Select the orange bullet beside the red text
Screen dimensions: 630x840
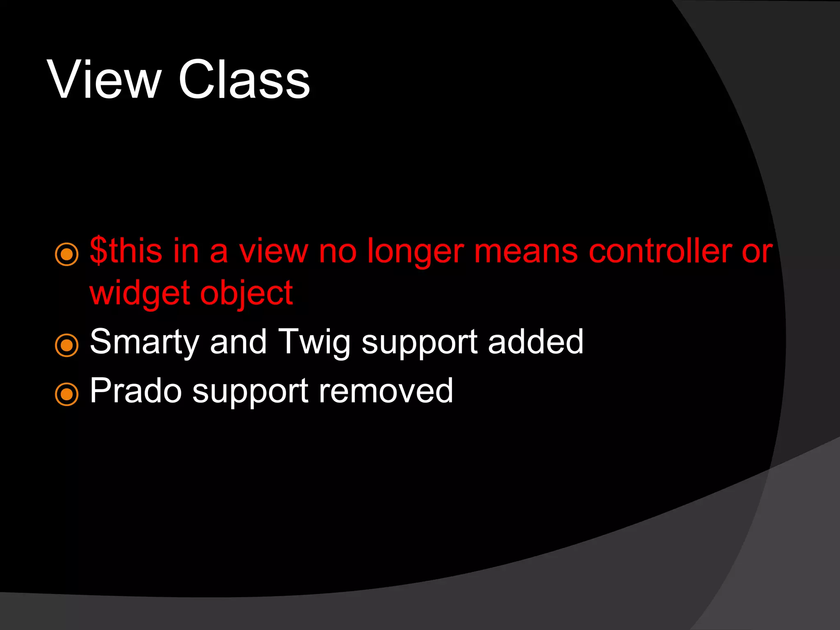[x=66, y=254]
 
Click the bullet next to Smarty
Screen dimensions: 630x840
[x=66, y=345]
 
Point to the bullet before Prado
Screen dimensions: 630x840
[x=66, y=394]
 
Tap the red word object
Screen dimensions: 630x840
[x=247, y=293]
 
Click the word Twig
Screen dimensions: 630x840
[x=314, y=342]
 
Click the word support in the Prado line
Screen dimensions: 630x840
[x=250, y=392]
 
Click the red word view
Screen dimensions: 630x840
[x=274, y=251]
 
